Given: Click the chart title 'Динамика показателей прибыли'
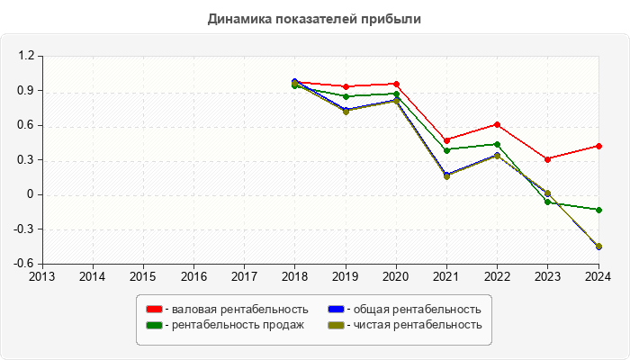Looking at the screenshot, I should coord(314,18).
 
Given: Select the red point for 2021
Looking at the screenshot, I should coord(446,140).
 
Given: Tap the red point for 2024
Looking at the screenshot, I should coord(598,146).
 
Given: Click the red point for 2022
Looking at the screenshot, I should coord(497,124).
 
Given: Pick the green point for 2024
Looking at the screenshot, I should coord(598,210).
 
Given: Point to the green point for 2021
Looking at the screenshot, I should coord(446,150).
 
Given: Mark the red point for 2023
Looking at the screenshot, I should coord(548,159).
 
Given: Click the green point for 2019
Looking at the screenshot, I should coord(346,96).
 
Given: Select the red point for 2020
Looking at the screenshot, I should coord(396,84).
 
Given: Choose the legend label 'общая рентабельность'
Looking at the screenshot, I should coord(417,310).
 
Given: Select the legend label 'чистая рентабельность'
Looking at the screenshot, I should coord(417,325).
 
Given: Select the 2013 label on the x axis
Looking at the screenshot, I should coord(41,276).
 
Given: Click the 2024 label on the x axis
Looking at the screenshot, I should coord(598,276).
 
